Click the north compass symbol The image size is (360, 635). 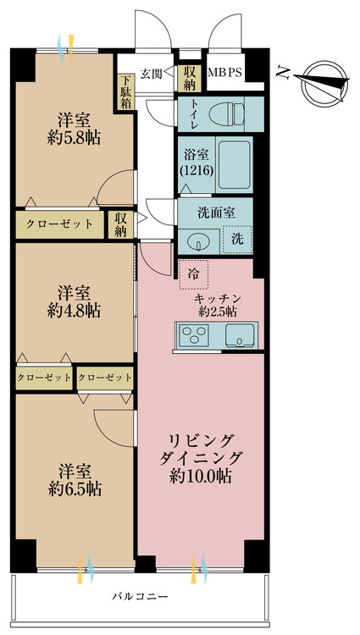click(x=324, y=75)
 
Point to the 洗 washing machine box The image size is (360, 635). click(x=238, y=239)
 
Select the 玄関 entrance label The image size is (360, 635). click(x=152, y=73)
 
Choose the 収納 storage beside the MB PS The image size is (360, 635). click(x=189, y=78)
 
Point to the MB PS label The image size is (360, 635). click(x=224, y=73)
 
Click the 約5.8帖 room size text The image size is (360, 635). click(x=74, y=136)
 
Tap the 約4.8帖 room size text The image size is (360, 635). click(x=74, y=311)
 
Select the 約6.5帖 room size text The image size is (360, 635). click(x=75, y=489)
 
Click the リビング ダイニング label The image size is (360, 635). click(x=206, y=458)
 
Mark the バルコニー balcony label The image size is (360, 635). click(x=141, y=597)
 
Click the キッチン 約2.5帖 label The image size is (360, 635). click(x=218, y=305)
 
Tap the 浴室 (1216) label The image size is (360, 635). click(x=197, y=162)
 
